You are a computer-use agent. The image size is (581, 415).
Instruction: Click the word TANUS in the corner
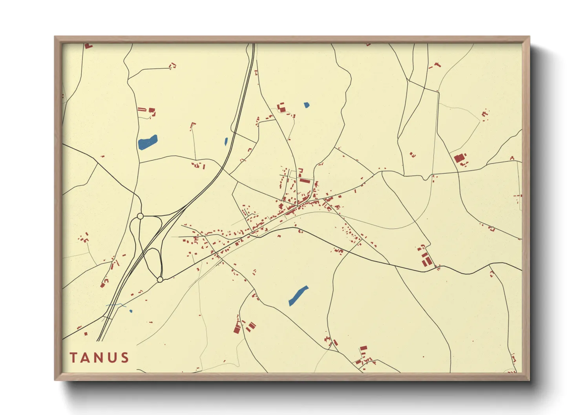[99, 358]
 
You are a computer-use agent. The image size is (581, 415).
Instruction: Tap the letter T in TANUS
[73, 358]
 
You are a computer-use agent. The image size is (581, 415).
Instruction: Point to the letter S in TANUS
[125, 358]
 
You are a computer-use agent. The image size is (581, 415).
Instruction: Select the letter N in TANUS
[99, 358]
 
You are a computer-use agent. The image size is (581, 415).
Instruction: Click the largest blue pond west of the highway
[148, 142]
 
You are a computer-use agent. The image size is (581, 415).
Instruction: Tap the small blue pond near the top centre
[306, 105]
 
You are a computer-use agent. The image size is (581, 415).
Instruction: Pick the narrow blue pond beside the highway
[226, 141]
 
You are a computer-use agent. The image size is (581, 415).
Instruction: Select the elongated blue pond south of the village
[298, 295]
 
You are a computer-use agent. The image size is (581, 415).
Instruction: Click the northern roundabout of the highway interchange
[140, 216]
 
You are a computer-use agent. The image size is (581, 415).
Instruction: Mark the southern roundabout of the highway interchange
[160, 279]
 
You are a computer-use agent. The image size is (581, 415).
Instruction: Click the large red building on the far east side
[459, 158]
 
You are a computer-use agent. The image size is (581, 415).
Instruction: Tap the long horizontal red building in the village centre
[305, 181]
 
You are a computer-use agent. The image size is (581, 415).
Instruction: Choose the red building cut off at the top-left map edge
[88, 46]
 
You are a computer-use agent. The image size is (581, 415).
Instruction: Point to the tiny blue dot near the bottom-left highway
[131, 311]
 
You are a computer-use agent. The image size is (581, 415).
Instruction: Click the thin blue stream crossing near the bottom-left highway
[116, 305]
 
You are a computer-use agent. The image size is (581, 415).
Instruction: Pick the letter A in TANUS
[86, 358]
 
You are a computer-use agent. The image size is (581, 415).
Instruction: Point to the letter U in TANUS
[112, 358]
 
